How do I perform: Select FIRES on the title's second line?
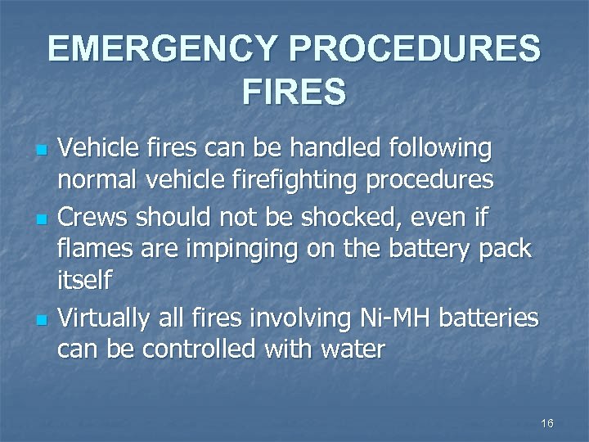tap(294, 92)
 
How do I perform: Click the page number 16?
tap(547, 423)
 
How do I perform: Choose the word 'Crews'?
tap(92, 218)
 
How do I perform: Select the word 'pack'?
tap(506, 249)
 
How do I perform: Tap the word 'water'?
tap(350, 350)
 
